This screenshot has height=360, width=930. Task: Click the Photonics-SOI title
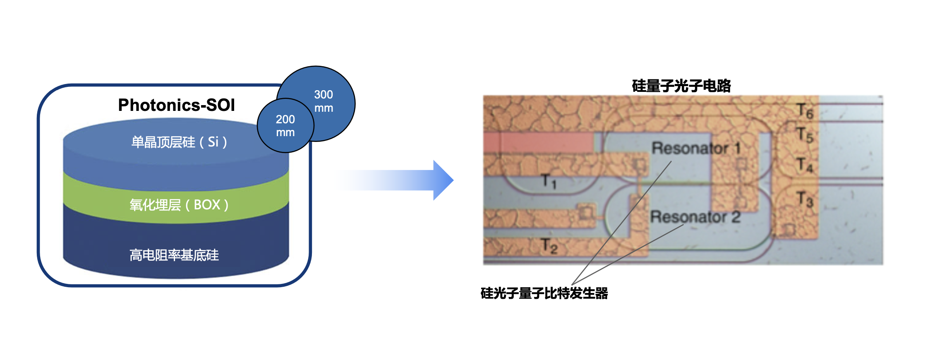tap(176, 105)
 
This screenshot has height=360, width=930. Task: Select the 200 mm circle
tap(285, 126)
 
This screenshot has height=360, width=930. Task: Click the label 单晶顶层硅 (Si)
tap(179, 142)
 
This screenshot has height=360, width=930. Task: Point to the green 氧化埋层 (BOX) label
tap(179, 205)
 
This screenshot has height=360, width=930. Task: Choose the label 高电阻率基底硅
tap(174, 255)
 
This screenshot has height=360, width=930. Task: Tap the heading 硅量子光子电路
tap(681, 86)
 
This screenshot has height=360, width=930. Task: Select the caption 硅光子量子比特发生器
tap(544, 293)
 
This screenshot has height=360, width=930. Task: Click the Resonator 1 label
tap(695, 148)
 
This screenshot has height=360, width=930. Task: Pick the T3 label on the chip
tap(805, 199)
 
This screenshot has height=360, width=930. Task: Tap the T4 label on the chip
tap(805, 165)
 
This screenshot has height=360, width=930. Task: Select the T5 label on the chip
tap(805, 135)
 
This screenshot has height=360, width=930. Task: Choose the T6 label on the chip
tap(805, 111)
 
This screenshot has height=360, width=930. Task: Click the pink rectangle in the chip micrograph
tap(538, 143)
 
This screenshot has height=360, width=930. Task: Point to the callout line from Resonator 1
tap(621, 223)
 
